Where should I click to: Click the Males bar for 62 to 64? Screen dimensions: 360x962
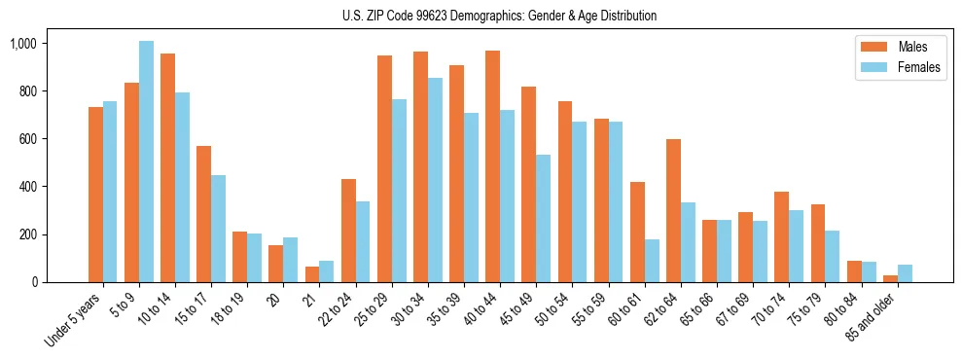pos(673,210)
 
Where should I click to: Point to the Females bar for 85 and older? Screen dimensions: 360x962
pos(905,273)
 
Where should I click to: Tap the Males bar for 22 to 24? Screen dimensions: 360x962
pos(348,231)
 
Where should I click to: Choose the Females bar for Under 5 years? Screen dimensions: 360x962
pos(110,192)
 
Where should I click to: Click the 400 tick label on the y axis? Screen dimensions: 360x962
pos(27,187)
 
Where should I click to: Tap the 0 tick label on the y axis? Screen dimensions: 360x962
pos(33,282)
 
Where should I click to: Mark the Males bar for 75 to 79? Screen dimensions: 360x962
pos(817,243)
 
